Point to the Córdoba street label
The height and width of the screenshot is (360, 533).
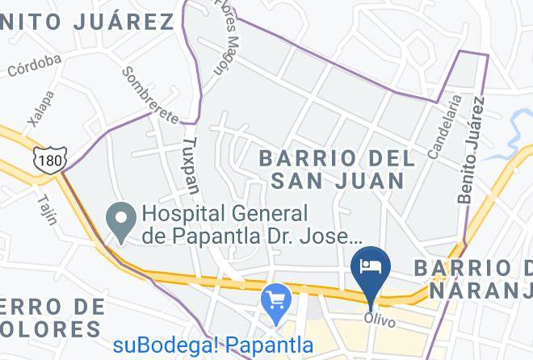[x=35, y=65]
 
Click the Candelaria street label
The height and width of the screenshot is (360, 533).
[x=446, y=126]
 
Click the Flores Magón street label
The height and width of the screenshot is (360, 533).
[x=229, y=36]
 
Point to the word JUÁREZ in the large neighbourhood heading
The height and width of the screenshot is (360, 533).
[x=124, y=21]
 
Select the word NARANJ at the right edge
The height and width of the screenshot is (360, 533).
[x=481, y=289]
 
